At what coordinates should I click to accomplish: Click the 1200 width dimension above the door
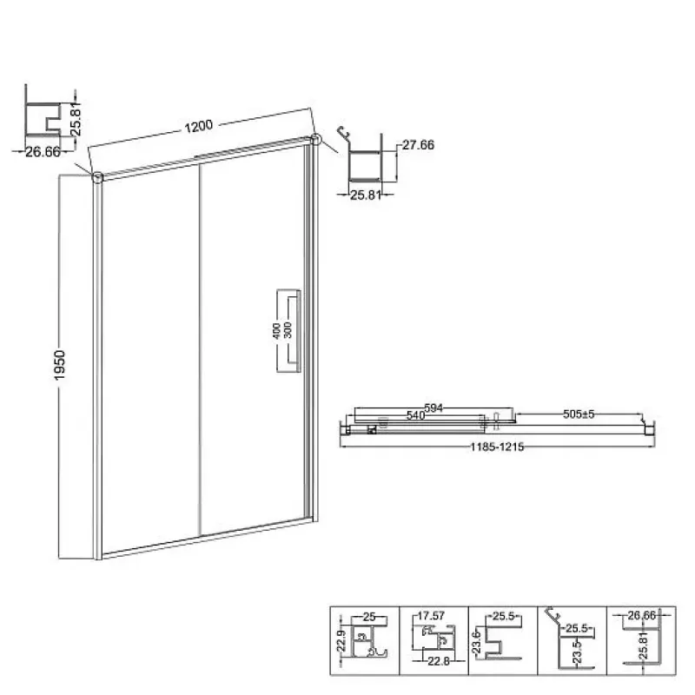(199, 126)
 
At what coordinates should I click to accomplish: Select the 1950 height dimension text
(59, 365)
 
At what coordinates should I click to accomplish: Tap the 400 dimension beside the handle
(276, 331)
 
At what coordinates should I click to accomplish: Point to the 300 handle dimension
(288, 330)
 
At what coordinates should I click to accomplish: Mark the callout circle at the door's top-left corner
(97, 177)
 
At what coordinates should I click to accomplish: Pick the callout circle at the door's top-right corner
(315, 139)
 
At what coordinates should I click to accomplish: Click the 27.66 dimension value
(418, 145)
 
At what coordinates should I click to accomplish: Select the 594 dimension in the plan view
(434, 407)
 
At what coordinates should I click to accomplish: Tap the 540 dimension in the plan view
(416, 415)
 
